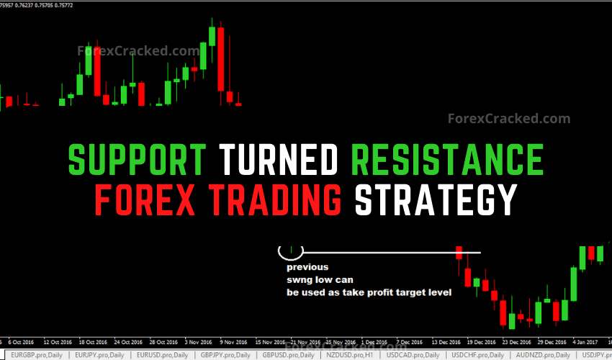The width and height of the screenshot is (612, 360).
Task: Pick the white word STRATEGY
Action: click(436, 199)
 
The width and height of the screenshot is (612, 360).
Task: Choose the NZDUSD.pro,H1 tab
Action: click(350, 355)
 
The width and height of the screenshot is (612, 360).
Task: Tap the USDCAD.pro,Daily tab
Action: click(412, 355)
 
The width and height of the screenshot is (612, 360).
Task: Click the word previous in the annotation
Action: click(307, 267)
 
